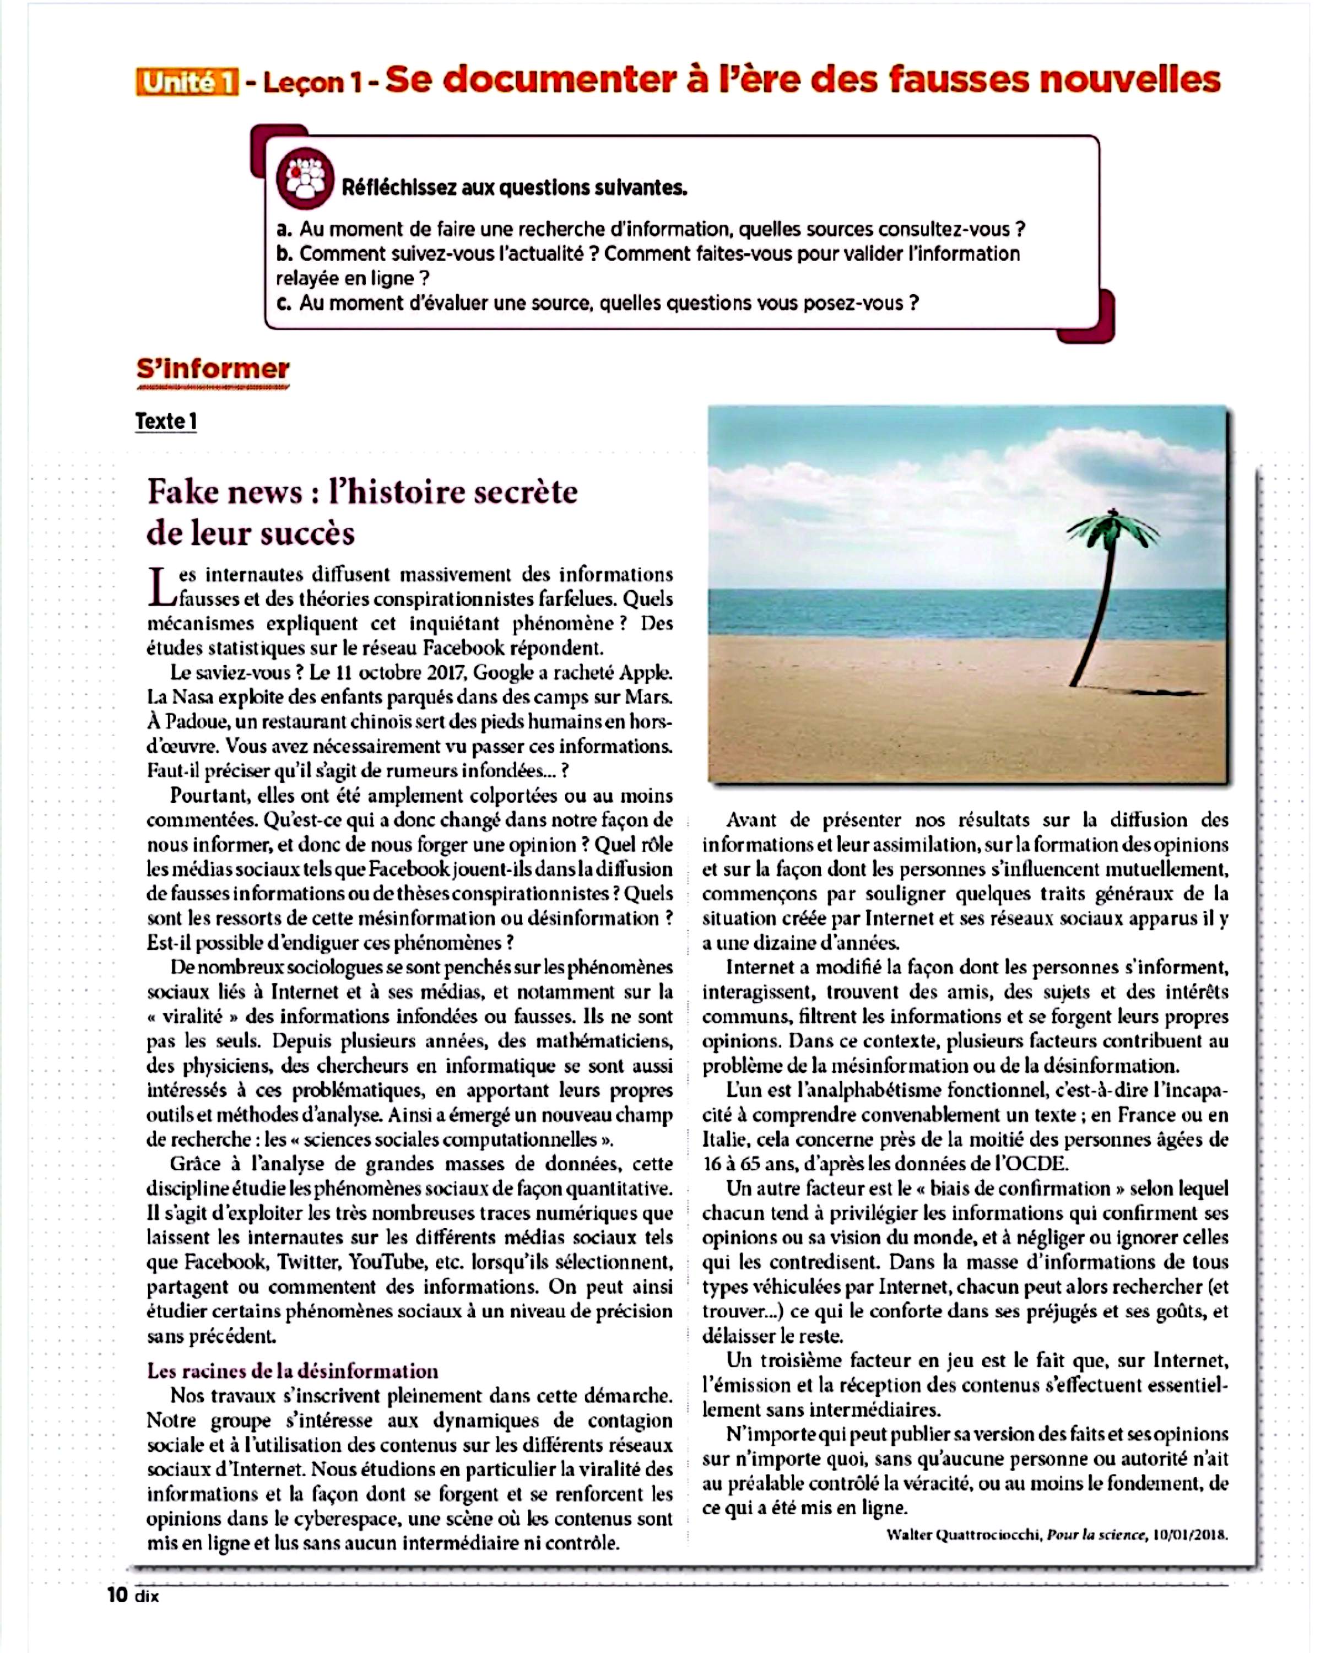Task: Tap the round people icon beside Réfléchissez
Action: (x=305, y=179)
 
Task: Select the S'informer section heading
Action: (x=213, y=370)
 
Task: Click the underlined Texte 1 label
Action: (x=166, y=422)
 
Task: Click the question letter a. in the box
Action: (x=284, y=229)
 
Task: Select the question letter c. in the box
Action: (x=284, y=304)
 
